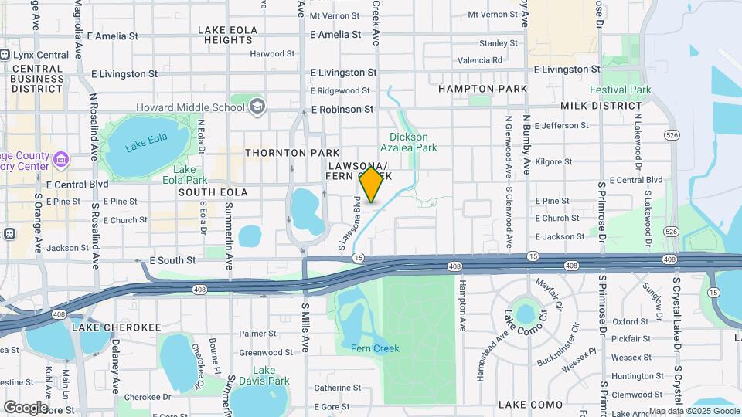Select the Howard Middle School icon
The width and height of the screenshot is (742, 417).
coord(257,106)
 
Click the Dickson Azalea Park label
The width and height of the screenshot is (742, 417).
coord(409,142)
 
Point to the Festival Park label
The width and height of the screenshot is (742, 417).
coord(621,90)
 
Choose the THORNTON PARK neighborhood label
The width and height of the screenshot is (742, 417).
coord(281,153)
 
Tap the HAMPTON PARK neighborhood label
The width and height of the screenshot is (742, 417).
coord(482,89)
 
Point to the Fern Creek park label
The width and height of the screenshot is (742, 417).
coord(376,348)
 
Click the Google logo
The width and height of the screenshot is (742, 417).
coord(26,407)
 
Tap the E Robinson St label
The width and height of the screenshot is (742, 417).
coord(342,110)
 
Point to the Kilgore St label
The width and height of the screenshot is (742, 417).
coord(553,162)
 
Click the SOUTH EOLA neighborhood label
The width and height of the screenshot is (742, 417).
coord(213,192)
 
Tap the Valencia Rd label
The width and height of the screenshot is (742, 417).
coord(480,59)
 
